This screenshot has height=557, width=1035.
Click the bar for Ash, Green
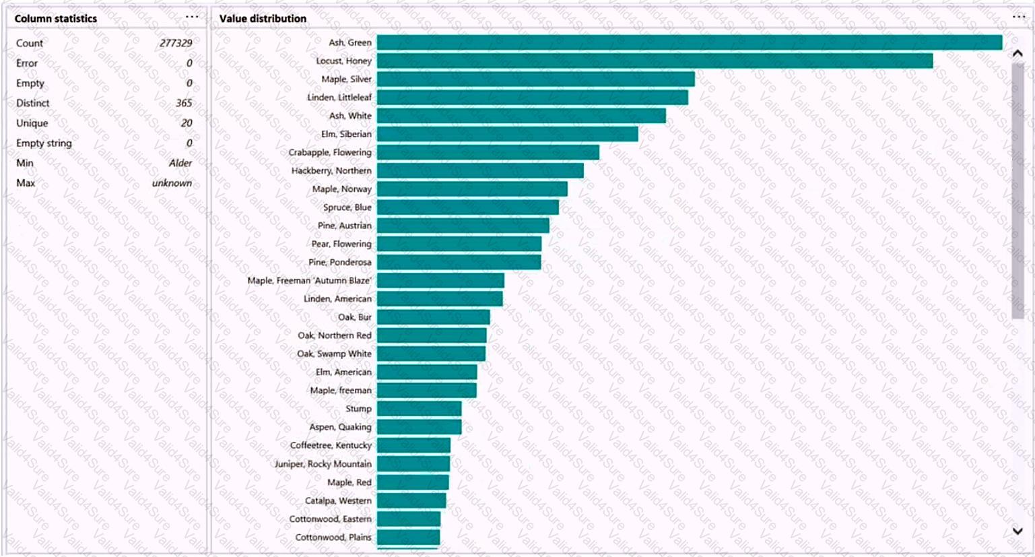pos(689,42)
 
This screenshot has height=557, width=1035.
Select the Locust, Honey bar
pos(655,61)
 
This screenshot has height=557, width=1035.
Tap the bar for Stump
pos(419,409)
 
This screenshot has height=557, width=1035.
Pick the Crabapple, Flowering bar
pos(488,152)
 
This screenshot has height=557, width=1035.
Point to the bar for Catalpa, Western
pos(411,500)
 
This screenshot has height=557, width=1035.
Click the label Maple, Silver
pos(346,79)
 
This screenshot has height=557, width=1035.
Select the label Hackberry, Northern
pos(331,171)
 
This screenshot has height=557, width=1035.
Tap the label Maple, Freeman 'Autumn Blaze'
pos(309,281)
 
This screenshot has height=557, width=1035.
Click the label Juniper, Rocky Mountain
pos(323,464)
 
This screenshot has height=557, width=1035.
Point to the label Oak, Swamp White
pos(334,354)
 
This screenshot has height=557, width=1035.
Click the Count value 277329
pos(176,43)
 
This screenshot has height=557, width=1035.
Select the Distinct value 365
pos(184,103)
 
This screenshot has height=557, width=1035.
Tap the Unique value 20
pos(187,123)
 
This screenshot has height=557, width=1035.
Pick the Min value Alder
pos(180,163)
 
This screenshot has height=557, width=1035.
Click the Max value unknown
pos(172,183)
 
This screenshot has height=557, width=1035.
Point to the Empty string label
pos(44,143)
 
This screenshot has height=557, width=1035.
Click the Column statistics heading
pos(56,19)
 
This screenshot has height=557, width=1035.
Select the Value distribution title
pos(263,19)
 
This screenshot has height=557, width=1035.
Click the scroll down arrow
pos(1017,531)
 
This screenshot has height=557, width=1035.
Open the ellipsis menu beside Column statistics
pos(192,18)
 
